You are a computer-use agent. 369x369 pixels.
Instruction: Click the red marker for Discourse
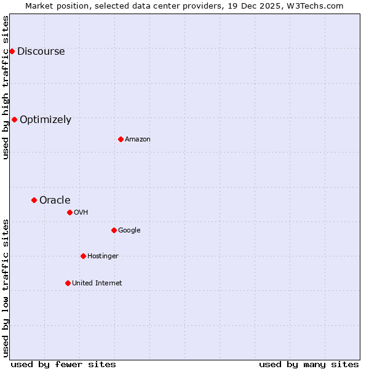[12, 51]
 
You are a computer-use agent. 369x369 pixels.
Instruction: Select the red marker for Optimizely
[14, 119]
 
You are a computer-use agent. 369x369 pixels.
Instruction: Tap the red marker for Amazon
[121, 139]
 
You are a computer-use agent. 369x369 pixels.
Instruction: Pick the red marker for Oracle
[34, 200]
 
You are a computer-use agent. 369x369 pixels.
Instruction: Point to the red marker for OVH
[69, 212]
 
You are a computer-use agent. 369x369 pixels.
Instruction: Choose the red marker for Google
[114, 230]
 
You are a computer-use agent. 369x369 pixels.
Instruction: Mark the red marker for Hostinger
[83, 256]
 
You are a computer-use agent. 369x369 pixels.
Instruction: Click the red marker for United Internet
[68, 283]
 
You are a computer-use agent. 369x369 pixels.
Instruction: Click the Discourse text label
[41, 52]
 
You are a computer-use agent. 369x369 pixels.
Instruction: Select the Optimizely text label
[46, 120]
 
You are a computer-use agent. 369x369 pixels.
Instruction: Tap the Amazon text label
[138, 140]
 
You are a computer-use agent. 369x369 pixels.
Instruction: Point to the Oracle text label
[55, 200]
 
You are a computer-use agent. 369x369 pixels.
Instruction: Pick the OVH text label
[81, 213]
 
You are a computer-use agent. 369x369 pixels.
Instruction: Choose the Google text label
[129, 231]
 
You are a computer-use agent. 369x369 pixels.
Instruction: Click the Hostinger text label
[103, 256]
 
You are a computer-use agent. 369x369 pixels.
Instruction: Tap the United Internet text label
[97, 284]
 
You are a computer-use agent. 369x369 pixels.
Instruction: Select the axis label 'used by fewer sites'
[63, 364]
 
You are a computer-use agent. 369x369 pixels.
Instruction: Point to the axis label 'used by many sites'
[309, 364]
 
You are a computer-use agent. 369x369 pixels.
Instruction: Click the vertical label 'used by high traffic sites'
[6, 87]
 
